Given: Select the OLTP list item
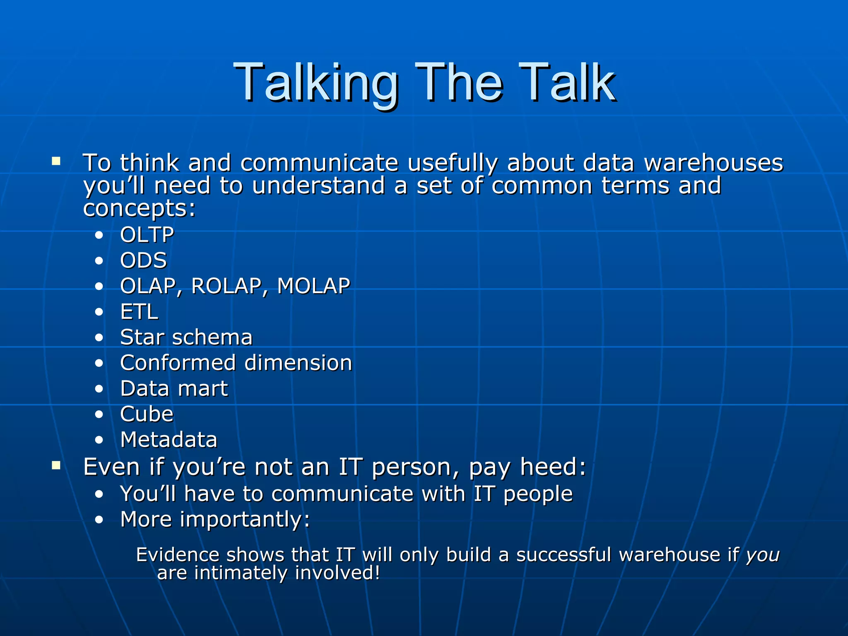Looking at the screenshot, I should point(147,235).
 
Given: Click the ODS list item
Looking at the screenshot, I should point(143,260).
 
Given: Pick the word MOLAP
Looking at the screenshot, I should point(313,286).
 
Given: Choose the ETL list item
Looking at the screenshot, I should point(139,312).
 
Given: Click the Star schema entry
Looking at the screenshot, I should point(186,337).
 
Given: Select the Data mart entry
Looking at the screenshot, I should point(174,388).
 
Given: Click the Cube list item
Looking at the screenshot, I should point(147,414).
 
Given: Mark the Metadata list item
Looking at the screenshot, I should point(169,440).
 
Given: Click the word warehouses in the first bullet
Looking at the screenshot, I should point(713,162).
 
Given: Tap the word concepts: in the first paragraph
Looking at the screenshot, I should point(139,208).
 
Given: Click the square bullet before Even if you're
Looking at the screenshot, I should point(56,466).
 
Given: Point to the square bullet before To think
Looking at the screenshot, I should point(56,161).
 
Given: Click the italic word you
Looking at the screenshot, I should point(763,555).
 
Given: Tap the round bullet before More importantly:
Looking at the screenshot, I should point(99,520).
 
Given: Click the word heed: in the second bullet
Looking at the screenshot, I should point(553,467).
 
